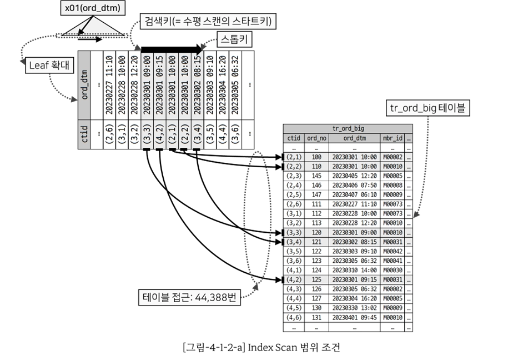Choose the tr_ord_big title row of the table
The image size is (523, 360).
tap(348, 128)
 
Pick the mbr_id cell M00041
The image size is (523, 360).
tap(393, 261)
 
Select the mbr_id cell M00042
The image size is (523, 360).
tap(393, 252)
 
